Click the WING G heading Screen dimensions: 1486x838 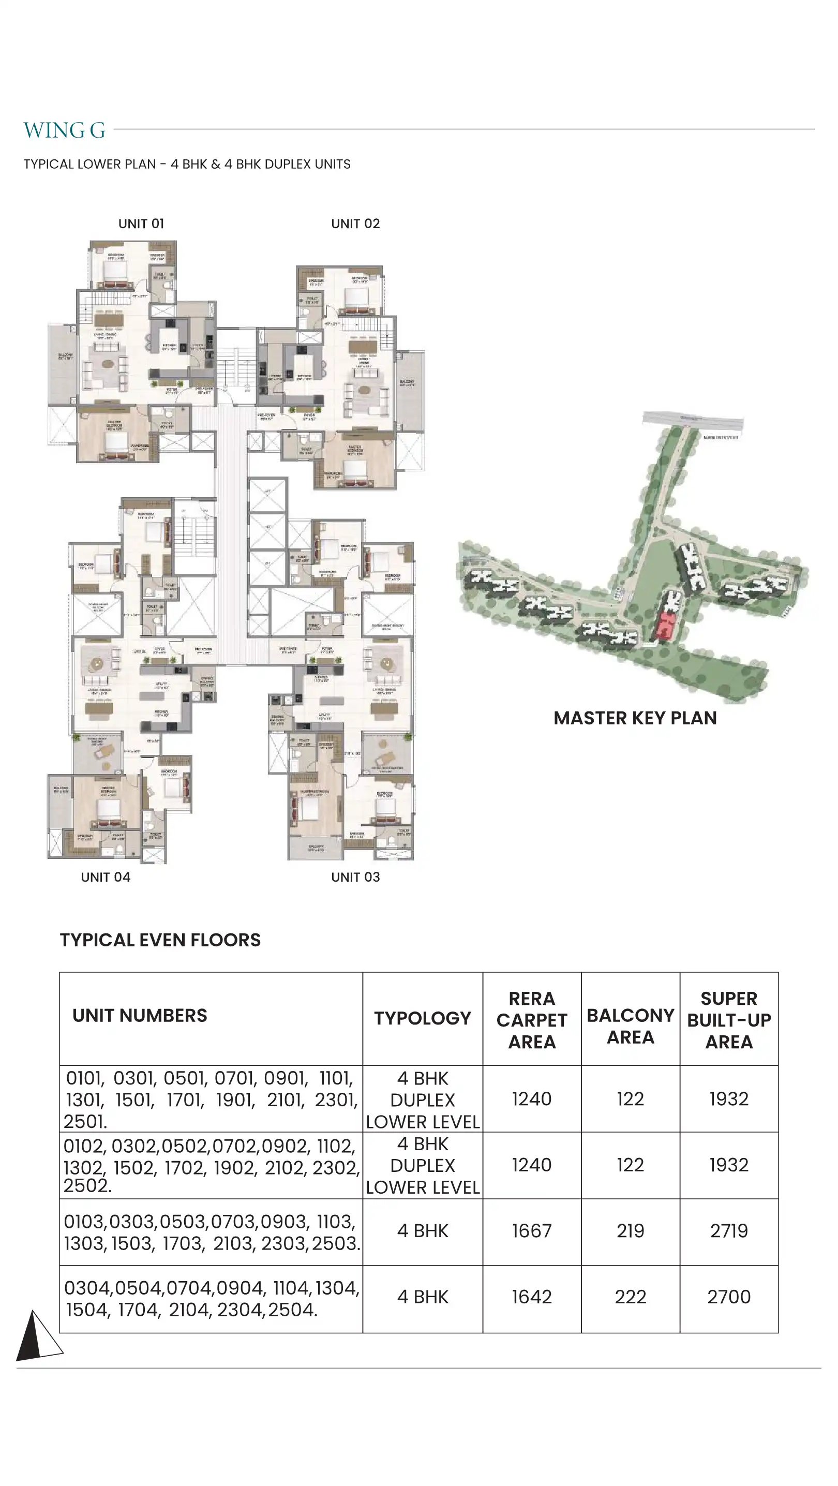(64, 130)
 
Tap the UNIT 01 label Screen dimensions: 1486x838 (141, 224)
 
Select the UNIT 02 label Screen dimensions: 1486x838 (355, 224)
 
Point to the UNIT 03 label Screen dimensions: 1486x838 (355, 878)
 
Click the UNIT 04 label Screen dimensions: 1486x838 (106, 878)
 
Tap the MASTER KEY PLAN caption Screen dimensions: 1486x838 (635, 718)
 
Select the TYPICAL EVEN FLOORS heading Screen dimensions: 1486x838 (160, 940)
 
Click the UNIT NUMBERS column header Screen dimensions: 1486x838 (140, 1015)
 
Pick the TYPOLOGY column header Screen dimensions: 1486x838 (422, 1018)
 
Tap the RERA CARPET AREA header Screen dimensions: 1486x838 (532, 1019)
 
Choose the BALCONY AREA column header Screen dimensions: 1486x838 (631, 1026)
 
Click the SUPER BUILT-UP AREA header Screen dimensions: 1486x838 (729, 1019)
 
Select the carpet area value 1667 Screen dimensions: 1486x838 (532, 1231)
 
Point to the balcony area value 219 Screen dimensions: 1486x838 (631, 1231)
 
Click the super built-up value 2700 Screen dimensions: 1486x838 (729, 1297)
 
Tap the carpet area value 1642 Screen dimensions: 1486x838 (532, 1297)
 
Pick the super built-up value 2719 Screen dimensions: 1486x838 (729, 1231)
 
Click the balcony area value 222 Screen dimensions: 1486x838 (631, 1297)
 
